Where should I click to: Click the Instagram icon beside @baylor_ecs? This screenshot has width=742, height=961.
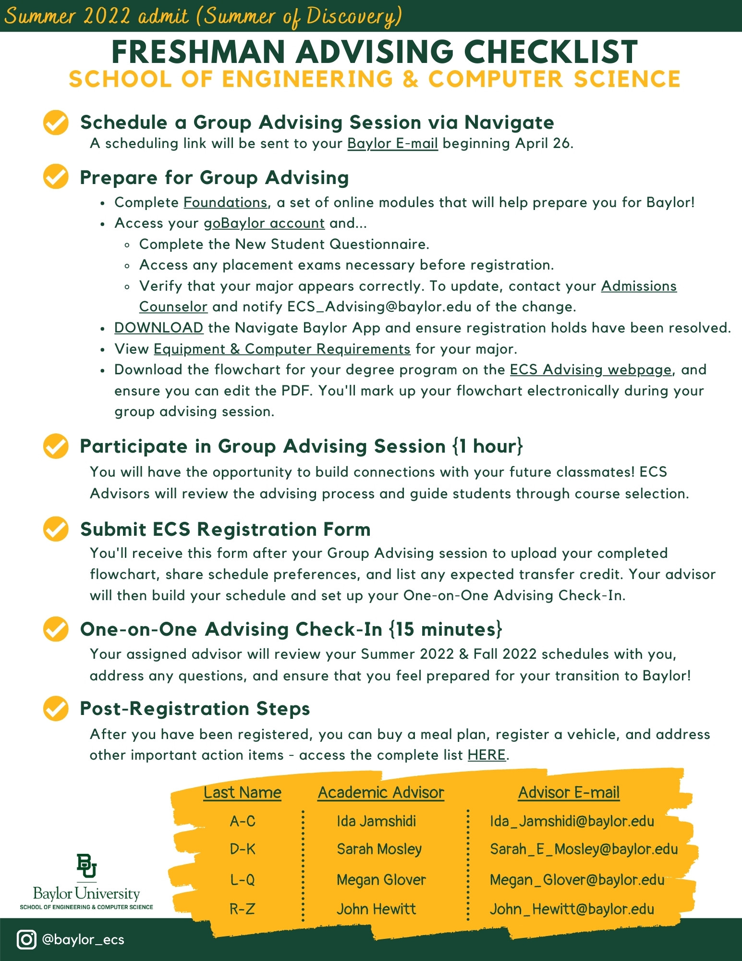point(26,939)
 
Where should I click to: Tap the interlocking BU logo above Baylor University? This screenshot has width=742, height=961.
point(86,866)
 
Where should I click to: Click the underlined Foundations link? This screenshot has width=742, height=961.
point(225,202)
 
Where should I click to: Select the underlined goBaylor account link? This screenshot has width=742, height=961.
point(264,223)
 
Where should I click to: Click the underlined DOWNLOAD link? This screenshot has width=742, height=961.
point(158,328)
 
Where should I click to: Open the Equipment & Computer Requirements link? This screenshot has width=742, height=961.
point(282,349)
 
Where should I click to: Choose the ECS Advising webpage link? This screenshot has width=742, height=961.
point(590,370)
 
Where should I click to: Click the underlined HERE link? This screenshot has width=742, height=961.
point(487,755)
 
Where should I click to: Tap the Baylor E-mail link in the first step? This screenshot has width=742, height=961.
point(392,143)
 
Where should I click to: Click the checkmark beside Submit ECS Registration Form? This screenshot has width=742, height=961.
point(56,529)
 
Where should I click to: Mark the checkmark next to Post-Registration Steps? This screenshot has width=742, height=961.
point(56,708)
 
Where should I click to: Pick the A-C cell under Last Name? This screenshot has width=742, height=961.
point(243,821)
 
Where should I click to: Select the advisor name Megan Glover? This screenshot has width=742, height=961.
point(381,880)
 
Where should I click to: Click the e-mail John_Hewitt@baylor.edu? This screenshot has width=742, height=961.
point(572,909)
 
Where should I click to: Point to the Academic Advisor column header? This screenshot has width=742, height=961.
point(381,793)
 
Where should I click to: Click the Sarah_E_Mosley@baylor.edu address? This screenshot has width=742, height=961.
point(584,850)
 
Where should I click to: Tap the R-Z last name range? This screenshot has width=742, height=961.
point(242,909)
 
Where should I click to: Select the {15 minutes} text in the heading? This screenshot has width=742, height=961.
point(445,629)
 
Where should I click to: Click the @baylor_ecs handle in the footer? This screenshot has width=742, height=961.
point(83,939)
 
